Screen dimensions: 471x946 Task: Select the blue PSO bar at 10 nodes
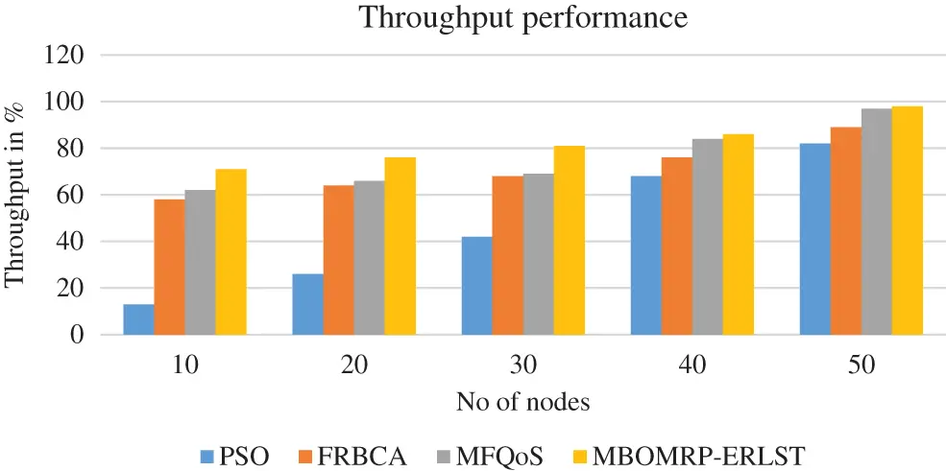(139, 319)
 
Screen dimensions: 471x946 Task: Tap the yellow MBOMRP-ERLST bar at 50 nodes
(907, 221)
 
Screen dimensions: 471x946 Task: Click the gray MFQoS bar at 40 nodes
(708, 237)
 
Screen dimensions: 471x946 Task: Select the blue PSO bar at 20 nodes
(307, 304)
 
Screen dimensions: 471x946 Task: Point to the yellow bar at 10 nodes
(231, 251)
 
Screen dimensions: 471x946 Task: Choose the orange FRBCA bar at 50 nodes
(845, 231)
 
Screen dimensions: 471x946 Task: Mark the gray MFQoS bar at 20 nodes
(369, 258)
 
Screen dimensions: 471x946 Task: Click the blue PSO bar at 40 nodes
(646, 255)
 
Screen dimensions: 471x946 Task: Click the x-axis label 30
(523, 365)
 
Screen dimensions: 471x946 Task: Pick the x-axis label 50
(861, 365)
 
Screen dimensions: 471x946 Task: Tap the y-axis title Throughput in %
(15, 197)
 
